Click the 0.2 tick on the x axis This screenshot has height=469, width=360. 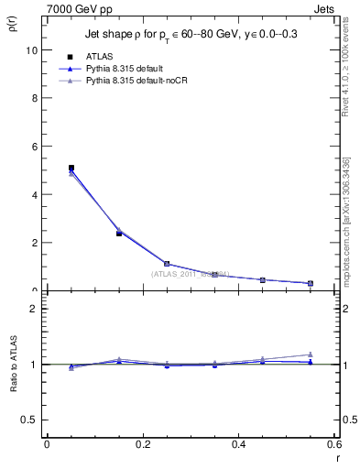click(142, 444)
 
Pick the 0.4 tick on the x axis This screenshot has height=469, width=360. click(238, 444)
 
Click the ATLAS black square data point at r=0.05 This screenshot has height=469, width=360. click(71, 168)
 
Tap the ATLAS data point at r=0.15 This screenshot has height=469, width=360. click(119, 234)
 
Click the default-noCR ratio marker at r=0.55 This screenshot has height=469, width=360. click(311, 354)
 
